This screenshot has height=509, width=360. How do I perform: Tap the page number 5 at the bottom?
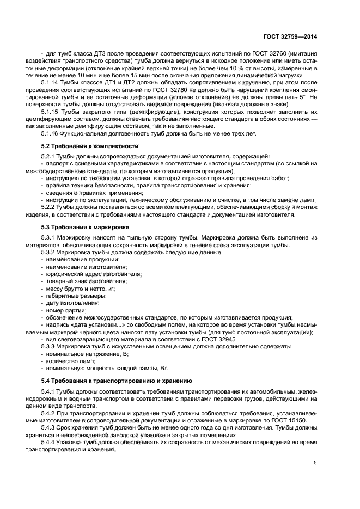[315, 463]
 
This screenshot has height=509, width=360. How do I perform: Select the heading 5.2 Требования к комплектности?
[90, 146]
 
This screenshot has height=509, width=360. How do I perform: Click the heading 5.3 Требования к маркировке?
[86, 225]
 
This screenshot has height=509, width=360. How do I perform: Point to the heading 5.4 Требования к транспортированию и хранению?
[116, 380]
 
